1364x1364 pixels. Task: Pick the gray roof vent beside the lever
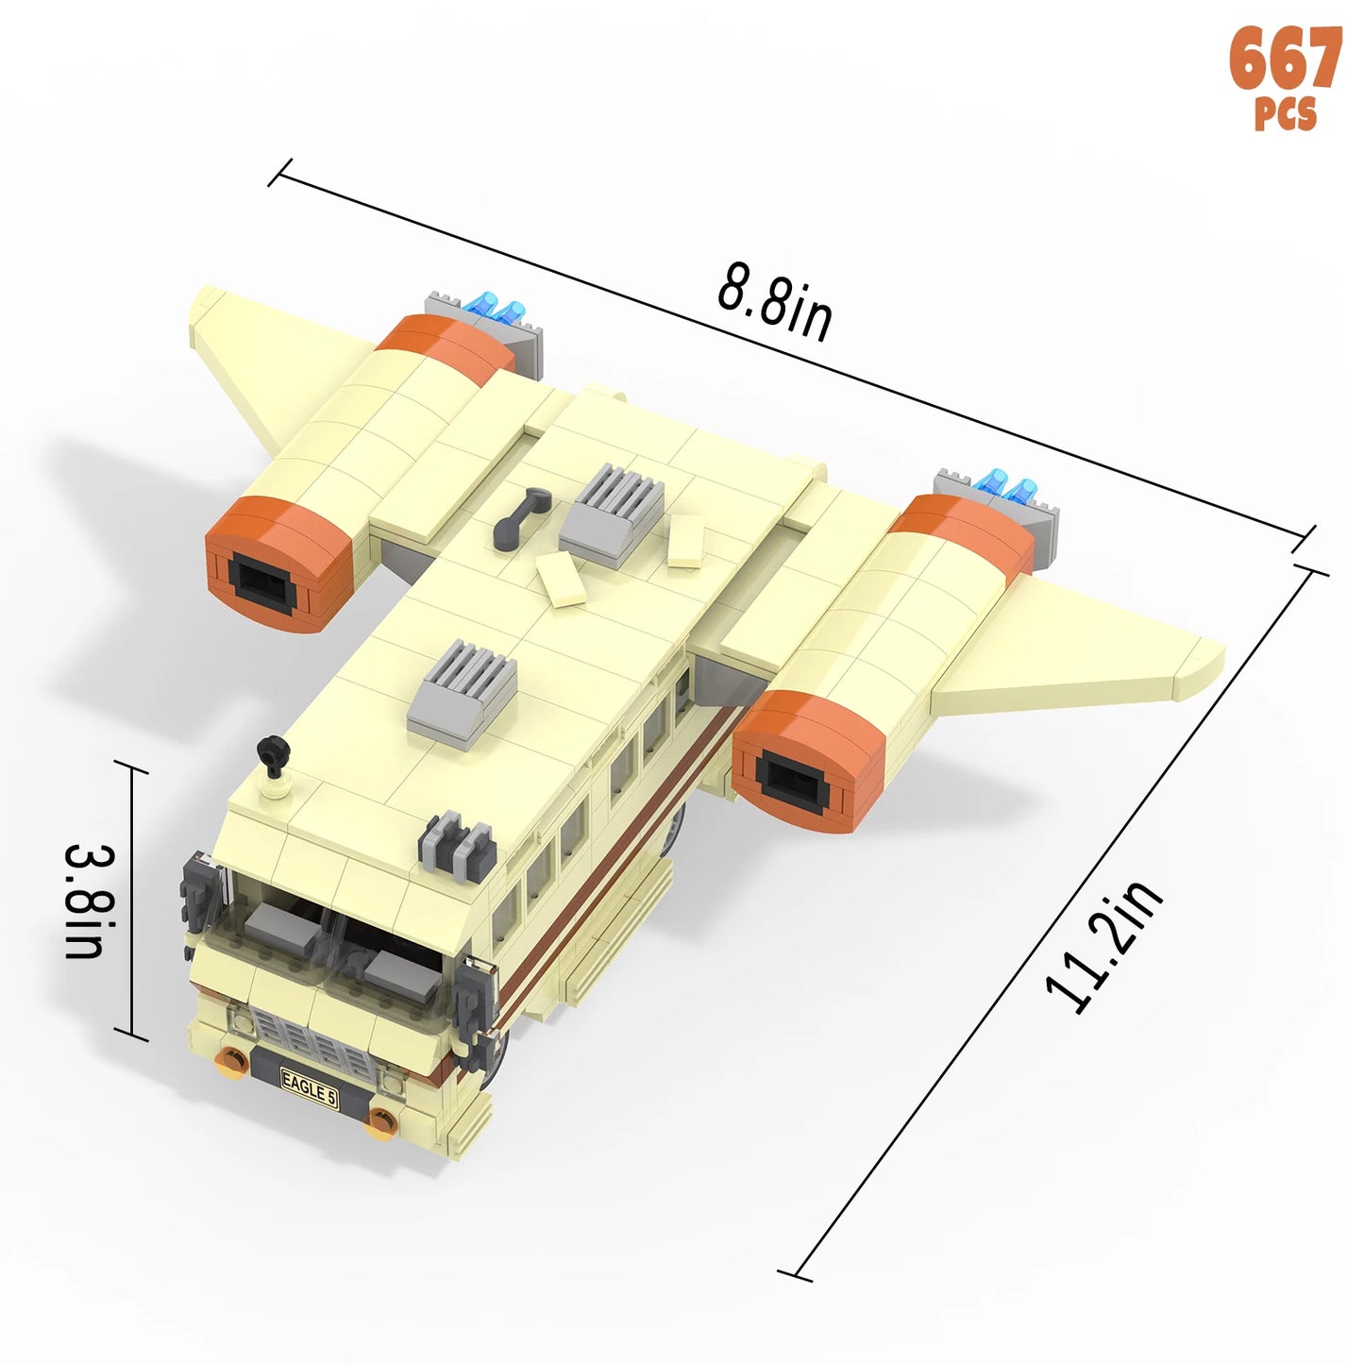click(613, 514)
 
